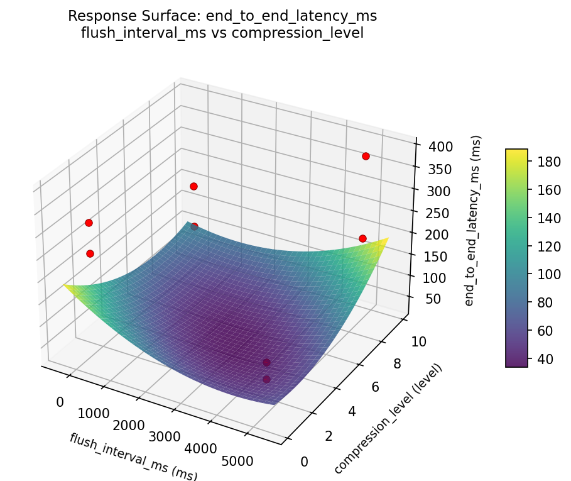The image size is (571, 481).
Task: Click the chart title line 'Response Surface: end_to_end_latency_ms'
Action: pos(222,16)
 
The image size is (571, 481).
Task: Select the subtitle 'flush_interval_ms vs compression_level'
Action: pos(222,33)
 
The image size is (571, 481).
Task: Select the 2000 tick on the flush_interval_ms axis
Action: pos(129,425)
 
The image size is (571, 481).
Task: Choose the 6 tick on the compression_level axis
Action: pos(375,387)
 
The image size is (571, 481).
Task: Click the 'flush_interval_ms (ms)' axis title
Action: pos(133,456)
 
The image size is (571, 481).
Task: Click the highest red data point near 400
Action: pos(366,156)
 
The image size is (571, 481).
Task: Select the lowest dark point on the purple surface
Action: pos(266,379)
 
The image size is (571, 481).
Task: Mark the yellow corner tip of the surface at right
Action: pos(388,238)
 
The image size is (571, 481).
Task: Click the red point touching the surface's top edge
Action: pos(194,226)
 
